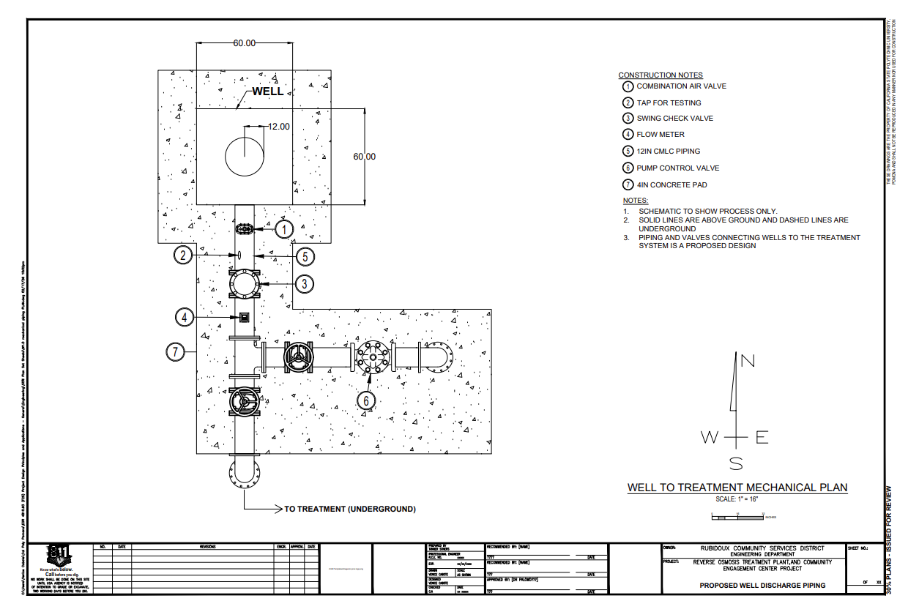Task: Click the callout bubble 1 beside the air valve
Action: (284, 229)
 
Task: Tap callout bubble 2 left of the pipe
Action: (183, 255)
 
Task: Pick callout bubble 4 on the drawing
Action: (185, 317)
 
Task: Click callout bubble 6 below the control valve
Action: (366, 400)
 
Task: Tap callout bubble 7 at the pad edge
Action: (174, 352)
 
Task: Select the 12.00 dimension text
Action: (278, 127)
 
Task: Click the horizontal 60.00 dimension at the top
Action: (245, 43)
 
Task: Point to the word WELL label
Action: (267, 92)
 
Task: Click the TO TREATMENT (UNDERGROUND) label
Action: (349, 509)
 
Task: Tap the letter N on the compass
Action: (748, 360)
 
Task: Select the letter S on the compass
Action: (736, 463)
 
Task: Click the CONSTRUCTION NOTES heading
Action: (660, 75)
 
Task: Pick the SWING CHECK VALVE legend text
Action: (674, 119)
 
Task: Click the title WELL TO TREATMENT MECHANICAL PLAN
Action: (737, 488)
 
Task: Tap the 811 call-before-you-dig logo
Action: (59, 556)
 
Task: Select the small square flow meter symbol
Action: (244, 317)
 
